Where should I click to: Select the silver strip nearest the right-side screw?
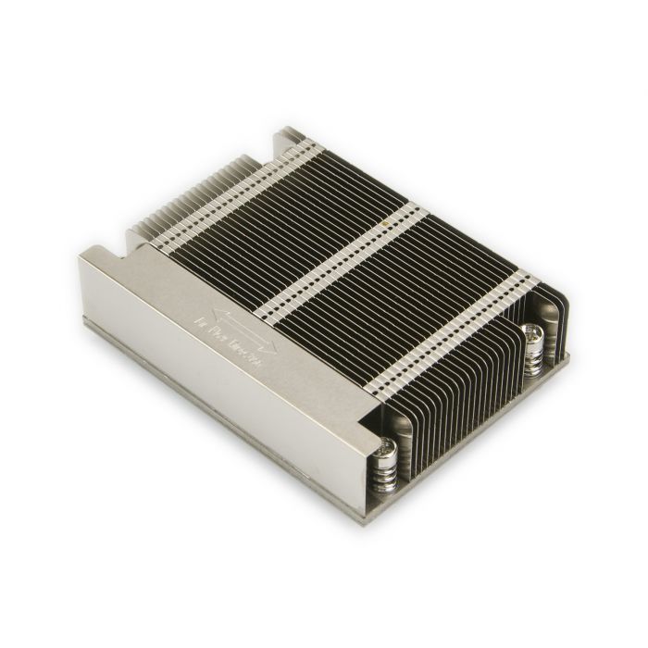(454, 329)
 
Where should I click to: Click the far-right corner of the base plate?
(567, 355)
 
